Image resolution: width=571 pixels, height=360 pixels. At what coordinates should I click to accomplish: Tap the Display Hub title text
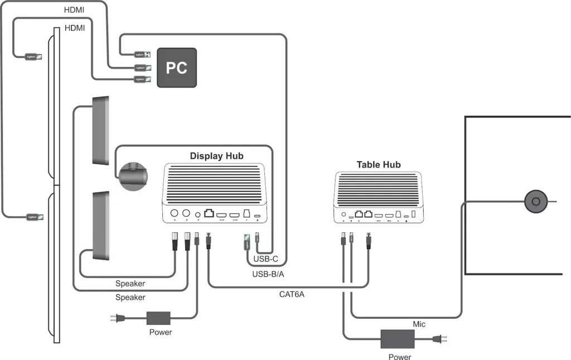(217, 156)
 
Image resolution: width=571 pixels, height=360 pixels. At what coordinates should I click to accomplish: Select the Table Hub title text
(379, 165)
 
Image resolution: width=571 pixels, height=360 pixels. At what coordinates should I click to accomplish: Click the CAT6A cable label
(292, 294)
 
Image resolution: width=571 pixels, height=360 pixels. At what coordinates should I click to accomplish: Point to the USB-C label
(265, 259)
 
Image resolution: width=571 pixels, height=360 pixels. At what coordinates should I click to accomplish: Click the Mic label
(420, 324)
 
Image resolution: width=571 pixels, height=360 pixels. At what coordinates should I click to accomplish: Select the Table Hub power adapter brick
(397, 338)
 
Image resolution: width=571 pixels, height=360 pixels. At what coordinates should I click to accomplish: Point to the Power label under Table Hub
(400, 357)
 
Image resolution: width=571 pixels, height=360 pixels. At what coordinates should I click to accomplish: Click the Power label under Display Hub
(161, 333)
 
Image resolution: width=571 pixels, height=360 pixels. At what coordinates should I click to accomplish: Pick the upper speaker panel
(100, 130)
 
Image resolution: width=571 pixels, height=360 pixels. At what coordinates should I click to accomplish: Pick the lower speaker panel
(100, 226)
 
